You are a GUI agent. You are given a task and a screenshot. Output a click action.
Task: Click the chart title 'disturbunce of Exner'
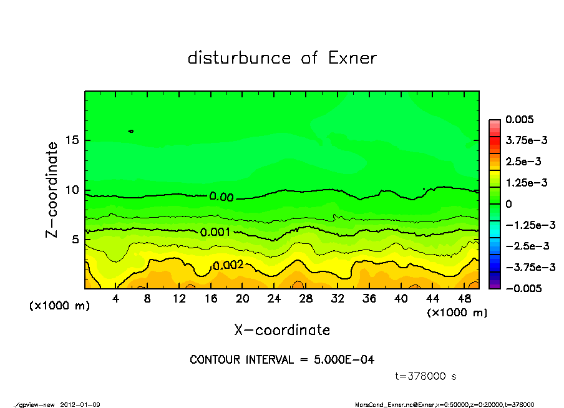[x=282, y=59]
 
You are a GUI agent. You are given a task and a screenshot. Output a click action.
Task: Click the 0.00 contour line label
[x=221, y=197]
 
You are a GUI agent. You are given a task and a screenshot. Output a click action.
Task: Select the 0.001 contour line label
[x=215, y=232]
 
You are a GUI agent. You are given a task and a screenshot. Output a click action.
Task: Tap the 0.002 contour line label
[x=227, y=266]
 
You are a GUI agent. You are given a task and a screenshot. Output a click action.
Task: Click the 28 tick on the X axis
[x=306, y=299]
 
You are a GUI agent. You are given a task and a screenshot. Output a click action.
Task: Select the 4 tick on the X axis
[x=116, y=299]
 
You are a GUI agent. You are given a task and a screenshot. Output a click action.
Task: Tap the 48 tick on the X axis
[x=464, y=299]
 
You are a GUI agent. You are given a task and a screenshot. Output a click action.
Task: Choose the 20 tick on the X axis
[x=243, y=299]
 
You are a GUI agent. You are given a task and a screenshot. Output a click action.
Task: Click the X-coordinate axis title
[x=282, y=330]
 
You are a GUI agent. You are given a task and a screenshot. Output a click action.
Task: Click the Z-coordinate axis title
[x=52, y=190]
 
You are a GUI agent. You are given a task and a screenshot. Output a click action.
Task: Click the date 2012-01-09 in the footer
[x=80, y=404]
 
